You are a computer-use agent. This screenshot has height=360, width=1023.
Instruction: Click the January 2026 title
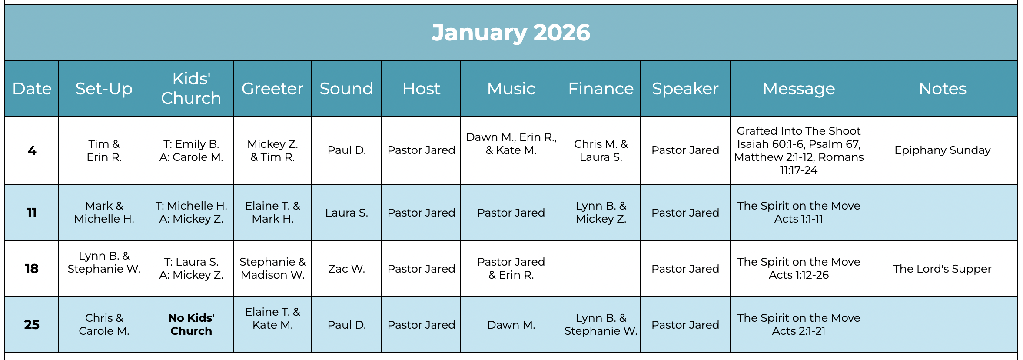point(511,33)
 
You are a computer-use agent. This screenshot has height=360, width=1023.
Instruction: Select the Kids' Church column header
point(191,88)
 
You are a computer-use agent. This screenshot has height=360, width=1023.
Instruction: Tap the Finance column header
point(601,89)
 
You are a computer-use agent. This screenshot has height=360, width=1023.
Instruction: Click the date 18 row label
point(32,269)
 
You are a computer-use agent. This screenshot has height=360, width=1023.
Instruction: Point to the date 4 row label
point(32,150)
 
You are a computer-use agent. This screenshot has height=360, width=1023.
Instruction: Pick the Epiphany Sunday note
point(942,150)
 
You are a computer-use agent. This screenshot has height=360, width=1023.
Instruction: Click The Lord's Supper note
point(942,269)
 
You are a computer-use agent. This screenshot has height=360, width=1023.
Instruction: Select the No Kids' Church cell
point(191,324)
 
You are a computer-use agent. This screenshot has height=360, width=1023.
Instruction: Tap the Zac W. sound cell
point(346,269)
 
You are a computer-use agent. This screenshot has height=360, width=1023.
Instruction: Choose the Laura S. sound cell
point(346,213)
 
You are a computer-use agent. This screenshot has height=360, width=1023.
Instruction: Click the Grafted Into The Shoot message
point(798,150)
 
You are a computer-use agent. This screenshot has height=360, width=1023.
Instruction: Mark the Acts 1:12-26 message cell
point(798,269)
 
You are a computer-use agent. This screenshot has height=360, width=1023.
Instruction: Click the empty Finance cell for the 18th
point(601,269)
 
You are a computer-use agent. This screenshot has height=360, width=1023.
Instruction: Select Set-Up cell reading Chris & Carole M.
point(104,324)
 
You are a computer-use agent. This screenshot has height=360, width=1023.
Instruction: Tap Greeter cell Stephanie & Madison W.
point(272,269)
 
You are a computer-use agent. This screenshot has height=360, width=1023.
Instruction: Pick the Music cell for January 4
point(511,143)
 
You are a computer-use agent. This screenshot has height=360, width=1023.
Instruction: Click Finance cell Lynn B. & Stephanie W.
point(601,324)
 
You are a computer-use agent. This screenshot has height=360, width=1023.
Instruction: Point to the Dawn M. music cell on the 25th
point(511,325)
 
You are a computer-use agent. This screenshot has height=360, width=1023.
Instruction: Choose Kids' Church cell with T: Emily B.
point(191,150)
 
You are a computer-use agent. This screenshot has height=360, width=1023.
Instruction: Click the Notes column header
point(942,89)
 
